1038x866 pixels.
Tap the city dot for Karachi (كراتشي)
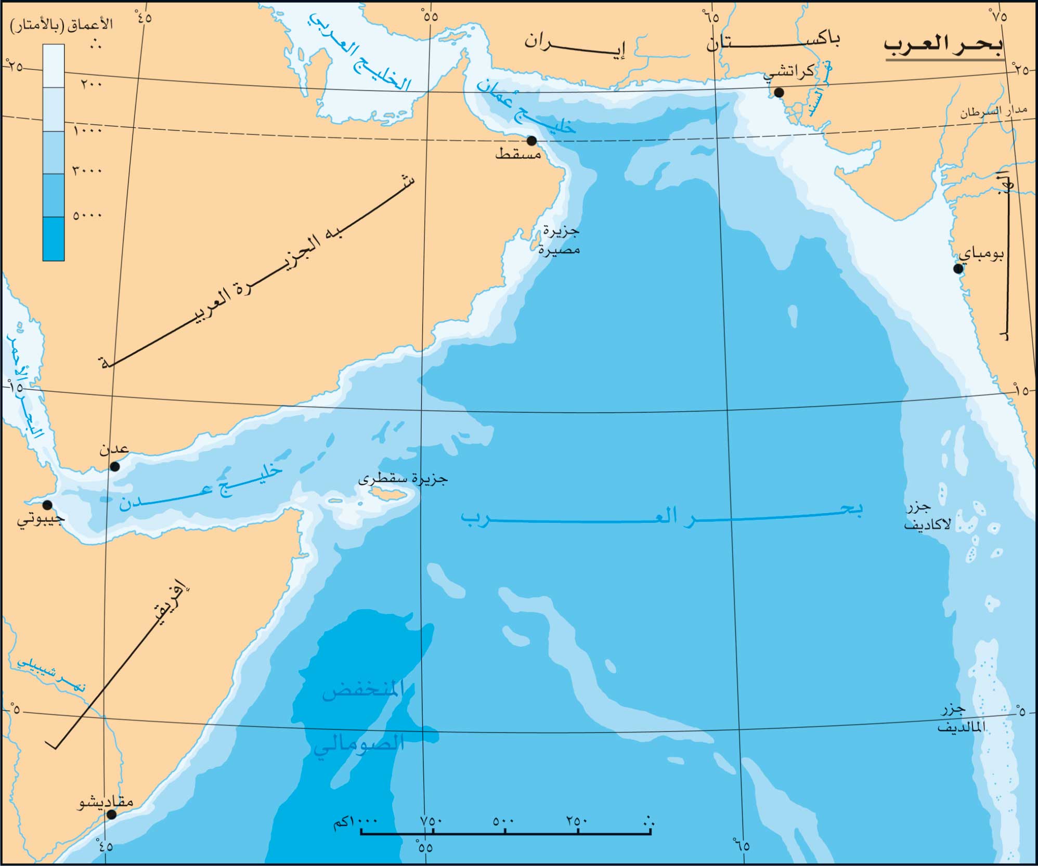(x=778, y=93)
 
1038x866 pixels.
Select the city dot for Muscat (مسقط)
(x=531, y=141)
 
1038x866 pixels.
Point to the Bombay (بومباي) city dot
(x=958, y=269)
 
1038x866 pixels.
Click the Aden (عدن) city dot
(x=115, y=466)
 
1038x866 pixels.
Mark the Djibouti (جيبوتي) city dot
(x=47, y=505)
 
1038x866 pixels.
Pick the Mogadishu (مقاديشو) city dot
(x=111, y=815)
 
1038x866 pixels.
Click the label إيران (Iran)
(x=575, y=44)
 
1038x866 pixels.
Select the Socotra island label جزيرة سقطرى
(x=403, y=479)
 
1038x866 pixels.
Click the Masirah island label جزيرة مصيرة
(x=559, y=240)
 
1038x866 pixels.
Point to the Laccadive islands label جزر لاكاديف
(x=926, y=515)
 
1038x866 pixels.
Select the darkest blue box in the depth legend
(x=54, y=239)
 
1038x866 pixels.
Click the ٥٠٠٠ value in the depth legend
(x=87, y=215)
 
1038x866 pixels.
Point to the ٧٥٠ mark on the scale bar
(x=432, y=821)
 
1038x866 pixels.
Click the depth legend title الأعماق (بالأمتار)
(x=61, y=25)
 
